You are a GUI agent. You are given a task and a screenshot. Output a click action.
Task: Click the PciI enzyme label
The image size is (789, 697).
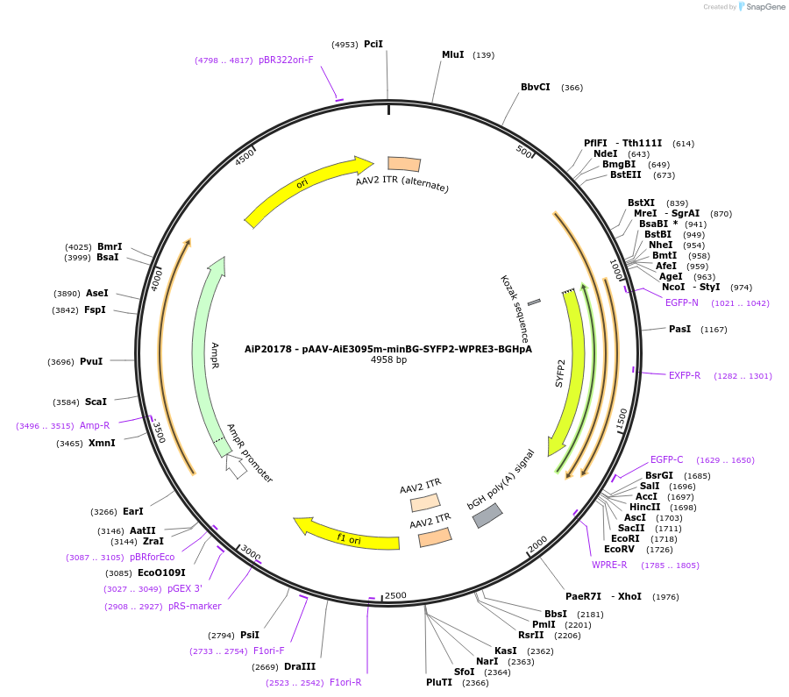coord(373,44)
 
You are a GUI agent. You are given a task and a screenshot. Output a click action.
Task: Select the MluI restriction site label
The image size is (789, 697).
coord(452,54)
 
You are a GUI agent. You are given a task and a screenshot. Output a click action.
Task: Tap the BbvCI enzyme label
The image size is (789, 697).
coord(536,87)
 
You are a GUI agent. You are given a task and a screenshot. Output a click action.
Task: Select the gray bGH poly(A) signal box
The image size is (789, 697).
coord(487,516)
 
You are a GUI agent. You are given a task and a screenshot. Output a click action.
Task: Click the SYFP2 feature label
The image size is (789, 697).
coord(560,373)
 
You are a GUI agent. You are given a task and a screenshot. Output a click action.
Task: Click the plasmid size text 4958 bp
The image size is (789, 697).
coord(388,360)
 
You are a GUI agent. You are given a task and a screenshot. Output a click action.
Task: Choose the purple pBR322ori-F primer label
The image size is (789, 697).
coord(286,60)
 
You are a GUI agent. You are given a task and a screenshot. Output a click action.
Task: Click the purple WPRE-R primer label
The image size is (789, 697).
coord(609,565)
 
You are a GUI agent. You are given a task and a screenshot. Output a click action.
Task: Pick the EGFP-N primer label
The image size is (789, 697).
coord(682,302)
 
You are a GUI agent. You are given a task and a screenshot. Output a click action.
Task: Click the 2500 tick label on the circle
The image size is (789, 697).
coord(395,596)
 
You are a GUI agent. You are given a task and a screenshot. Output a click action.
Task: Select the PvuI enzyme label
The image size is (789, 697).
coord(92,361)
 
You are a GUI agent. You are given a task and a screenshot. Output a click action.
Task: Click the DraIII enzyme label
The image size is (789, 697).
coord(300,666)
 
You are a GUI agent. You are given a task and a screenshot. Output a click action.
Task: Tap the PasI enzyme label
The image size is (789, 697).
coord(679,329)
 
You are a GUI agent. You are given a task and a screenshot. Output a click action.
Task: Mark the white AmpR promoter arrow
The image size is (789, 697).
coord(235,466)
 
